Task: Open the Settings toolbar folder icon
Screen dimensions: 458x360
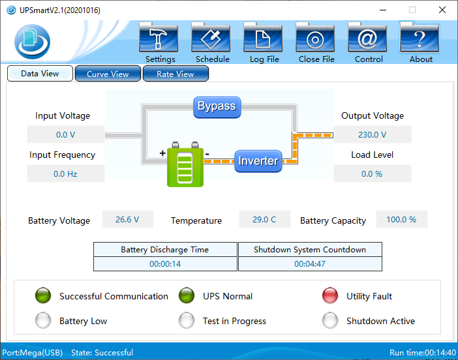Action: click(x=159, y=37)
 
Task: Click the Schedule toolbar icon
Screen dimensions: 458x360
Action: click(x=211, y=37)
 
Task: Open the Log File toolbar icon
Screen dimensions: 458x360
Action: click(x=263, y=37)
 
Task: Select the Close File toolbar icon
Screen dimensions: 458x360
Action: click(x=315, y=37)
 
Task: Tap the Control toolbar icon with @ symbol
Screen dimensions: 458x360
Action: click(x=367, y=37)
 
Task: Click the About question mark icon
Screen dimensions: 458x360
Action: click(x=420, y=37)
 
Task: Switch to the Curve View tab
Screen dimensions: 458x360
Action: click(x=108, y=74)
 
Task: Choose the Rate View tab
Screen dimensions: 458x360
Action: click(x=176, y=74)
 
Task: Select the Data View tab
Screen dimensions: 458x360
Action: click(x=40, y=73)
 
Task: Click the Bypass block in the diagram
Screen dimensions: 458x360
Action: click(x=217, y=107)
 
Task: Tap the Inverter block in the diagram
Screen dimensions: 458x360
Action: click(x=258, y=161)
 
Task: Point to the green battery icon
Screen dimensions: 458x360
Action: click(x=185, y=164)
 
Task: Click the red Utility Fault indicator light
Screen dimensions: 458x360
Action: click(x=330, y=296)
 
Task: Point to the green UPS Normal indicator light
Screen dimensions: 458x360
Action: click(x=187, y=296)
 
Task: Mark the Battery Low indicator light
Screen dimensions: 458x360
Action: click(x=43, y=321)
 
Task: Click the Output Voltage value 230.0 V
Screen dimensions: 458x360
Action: click(x=372, y=134)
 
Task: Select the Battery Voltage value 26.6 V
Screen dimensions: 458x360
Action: click(x=127, y=219)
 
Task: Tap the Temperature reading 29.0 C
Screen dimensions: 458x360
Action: click(x=264, y=219)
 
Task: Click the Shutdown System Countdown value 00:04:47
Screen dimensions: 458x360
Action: click(x=310, y=264)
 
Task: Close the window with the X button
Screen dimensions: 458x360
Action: click(x=442, y=10)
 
